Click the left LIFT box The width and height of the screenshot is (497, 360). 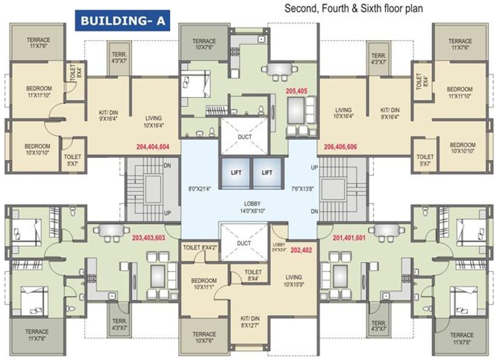[236, 172]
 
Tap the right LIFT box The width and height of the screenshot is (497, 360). [267, 172]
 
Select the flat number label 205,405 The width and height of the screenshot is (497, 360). [298, 91]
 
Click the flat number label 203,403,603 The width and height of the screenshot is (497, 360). [149, 238]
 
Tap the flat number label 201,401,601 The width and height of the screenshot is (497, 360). [342, 238]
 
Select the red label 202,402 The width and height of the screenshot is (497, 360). [301, 250]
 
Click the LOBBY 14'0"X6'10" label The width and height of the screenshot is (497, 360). [252, 207]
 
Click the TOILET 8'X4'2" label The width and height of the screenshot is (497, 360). [201, 247]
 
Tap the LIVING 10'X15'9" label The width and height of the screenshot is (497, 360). [293, 281]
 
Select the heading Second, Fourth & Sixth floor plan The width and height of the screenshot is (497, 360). [354, 8]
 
